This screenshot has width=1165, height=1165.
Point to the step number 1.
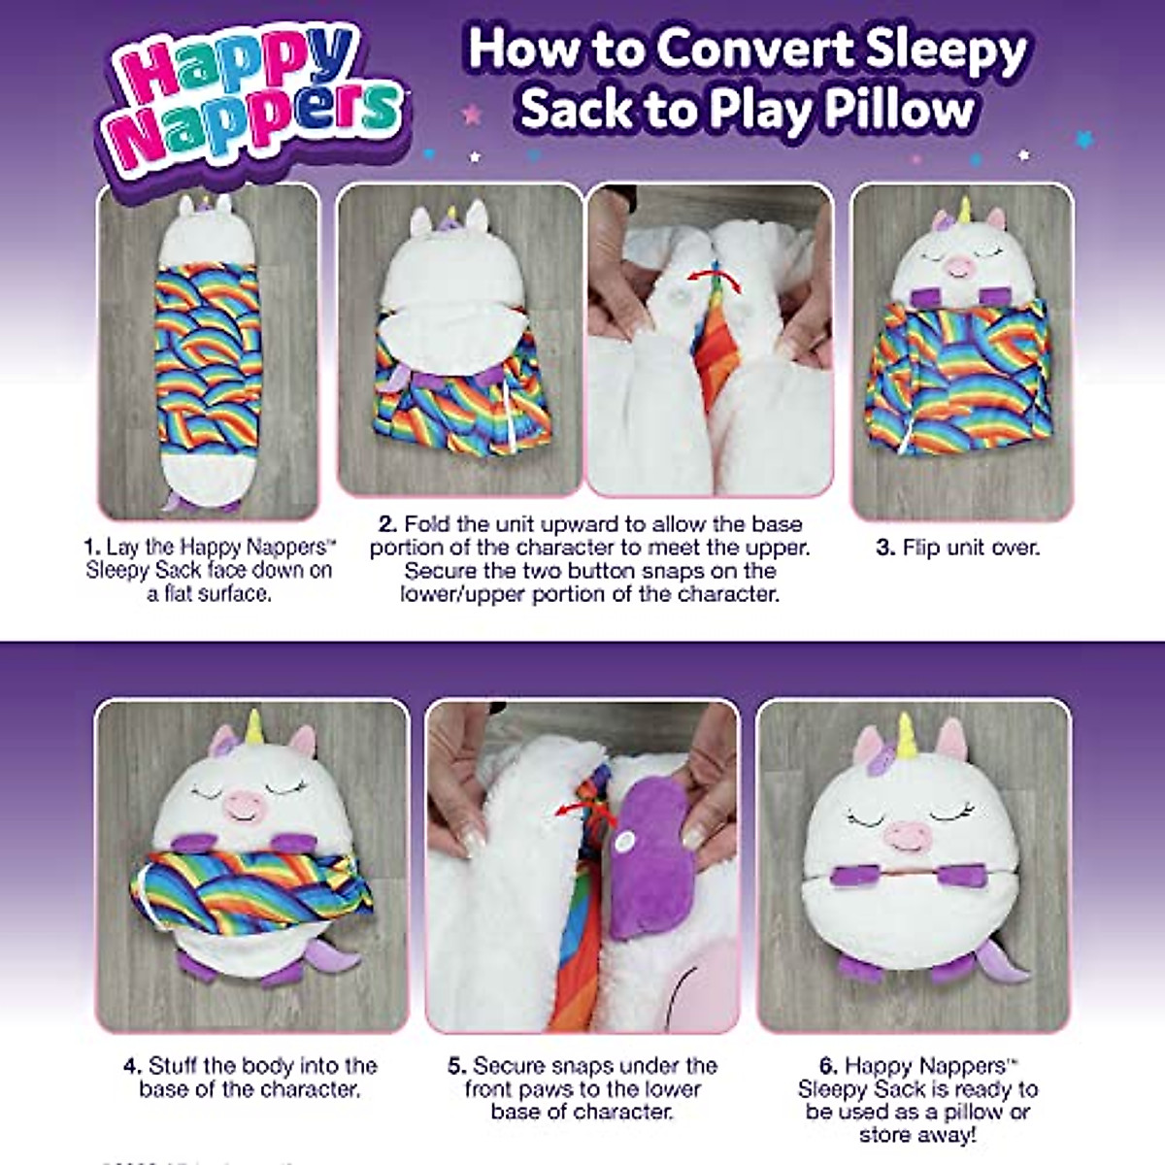(92, 547)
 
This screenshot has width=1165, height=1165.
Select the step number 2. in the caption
(387, 524)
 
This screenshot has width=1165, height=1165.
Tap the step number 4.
(132, 1066)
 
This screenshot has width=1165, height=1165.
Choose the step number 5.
(457, 1066)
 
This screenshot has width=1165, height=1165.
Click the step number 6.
(827, 1066)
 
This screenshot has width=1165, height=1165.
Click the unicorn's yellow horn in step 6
(907, 735)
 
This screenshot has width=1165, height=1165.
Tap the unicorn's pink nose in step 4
(244, 805)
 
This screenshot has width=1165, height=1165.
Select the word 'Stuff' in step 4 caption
(176, 1066)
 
